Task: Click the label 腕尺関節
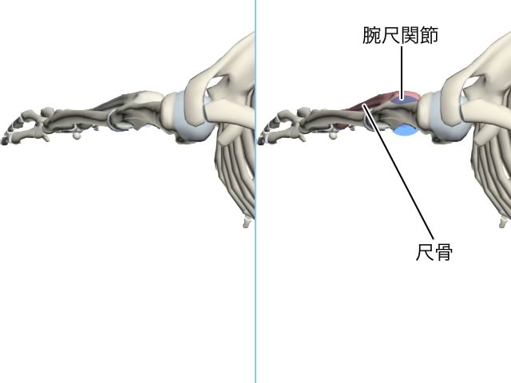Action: click(400, 35)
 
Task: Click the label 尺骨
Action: click(434, 252)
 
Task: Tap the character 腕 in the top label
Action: click(372, 35)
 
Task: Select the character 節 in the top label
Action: click(429, 35)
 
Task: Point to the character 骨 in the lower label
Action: click(444, 252)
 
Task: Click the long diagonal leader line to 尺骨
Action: click(398, 172)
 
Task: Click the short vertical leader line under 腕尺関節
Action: click(402, 73)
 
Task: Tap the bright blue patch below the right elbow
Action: click(405, 130)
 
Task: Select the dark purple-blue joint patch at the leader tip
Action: click(402, 99)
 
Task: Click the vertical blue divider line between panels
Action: click(255, 191)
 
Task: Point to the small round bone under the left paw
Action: click(77, 135)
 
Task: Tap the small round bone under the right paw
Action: click(332, 135)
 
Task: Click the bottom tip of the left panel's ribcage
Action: click(248, 223)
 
